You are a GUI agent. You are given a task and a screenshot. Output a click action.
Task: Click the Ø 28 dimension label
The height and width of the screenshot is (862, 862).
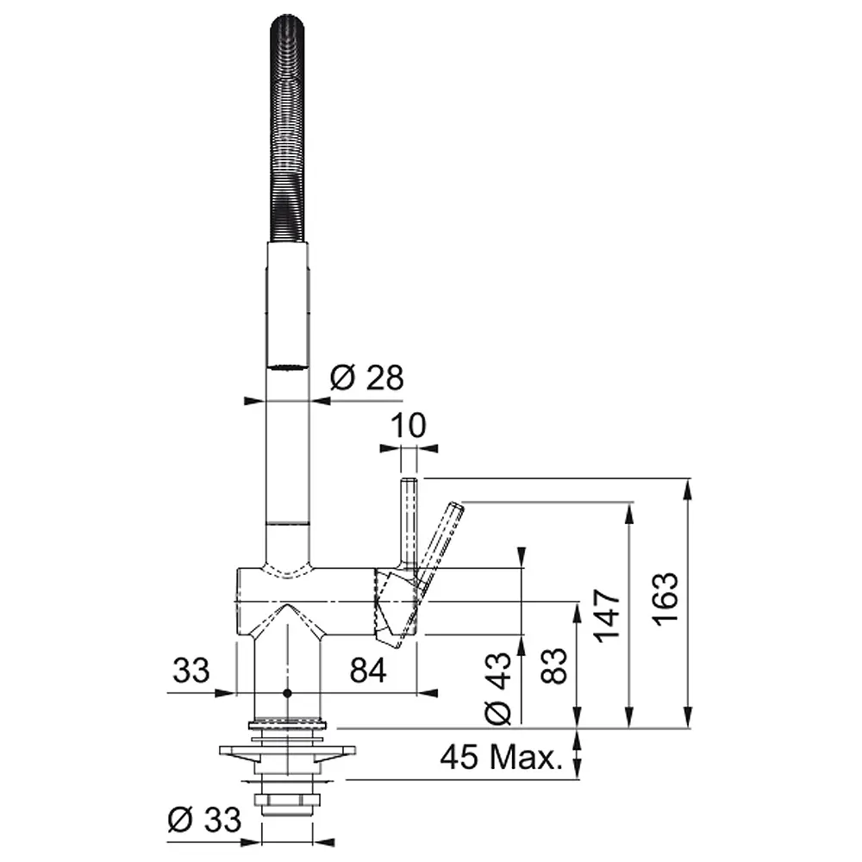point(366,378)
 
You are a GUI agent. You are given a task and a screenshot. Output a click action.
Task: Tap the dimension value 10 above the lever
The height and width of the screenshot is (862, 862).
point(409,425)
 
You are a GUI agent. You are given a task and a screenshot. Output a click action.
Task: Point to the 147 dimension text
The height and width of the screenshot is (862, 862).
point(607,615)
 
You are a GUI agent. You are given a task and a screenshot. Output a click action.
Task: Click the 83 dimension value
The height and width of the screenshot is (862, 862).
point(553,665)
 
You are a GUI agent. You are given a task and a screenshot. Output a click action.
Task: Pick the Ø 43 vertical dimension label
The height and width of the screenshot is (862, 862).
point(498,689)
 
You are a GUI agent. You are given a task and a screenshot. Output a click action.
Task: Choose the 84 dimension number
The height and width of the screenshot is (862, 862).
point(368,671)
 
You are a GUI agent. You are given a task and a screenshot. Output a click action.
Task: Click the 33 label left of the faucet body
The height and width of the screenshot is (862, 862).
point(191,671)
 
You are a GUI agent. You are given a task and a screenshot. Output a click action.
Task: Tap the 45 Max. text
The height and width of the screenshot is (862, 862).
point(502,757)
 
